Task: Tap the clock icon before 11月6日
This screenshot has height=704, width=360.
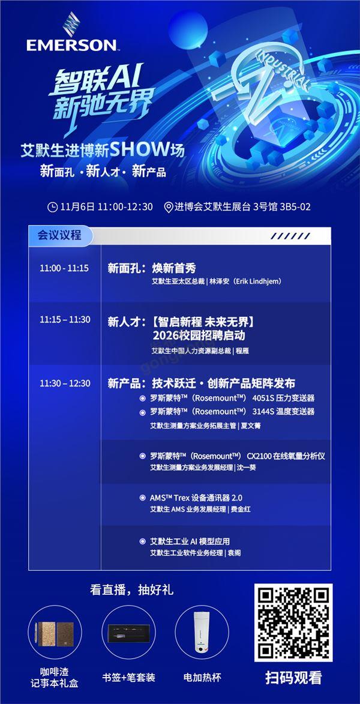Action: (x=53, y=206)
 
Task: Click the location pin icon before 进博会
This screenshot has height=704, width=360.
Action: (x=168, y=207)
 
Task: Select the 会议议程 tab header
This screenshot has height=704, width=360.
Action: (x=59, y=235)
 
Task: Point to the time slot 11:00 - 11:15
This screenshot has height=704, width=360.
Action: (x=64, y=268)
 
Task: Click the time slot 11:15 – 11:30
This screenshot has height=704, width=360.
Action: (x=65, y=319)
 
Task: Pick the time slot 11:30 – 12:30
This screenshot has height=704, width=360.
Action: (x=65, y=383)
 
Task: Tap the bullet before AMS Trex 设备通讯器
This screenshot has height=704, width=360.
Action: (x=142, y=498)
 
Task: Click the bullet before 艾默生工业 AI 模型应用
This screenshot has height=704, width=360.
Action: (x=142, y=541)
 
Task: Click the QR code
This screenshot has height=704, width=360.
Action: (x=293, y=622)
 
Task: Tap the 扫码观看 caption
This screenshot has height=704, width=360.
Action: (x=293, y=678)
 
